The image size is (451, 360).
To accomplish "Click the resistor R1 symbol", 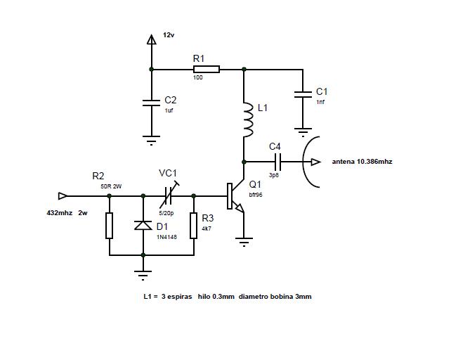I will (207, 70).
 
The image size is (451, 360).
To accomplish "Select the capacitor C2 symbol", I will (150, 102).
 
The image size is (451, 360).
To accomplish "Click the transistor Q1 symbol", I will (234, 196).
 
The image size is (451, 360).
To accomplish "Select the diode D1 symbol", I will (143, 226).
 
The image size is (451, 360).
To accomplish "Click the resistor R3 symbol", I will (193, 226).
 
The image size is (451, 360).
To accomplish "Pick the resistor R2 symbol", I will (109, 226).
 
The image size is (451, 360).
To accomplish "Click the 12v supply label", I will (169, 34).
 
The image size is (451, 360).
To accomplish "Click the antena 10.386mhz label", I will (362, 162).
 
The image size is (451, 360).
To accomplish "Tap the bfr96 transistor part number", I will (256, 195).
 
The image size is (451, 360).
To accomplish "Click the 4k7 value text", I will (207, 229).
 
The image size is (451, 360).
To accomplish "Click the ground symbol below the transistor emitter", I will (244, 243).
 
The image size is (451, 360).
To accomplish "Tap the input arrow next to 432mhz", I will (63, 195).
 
